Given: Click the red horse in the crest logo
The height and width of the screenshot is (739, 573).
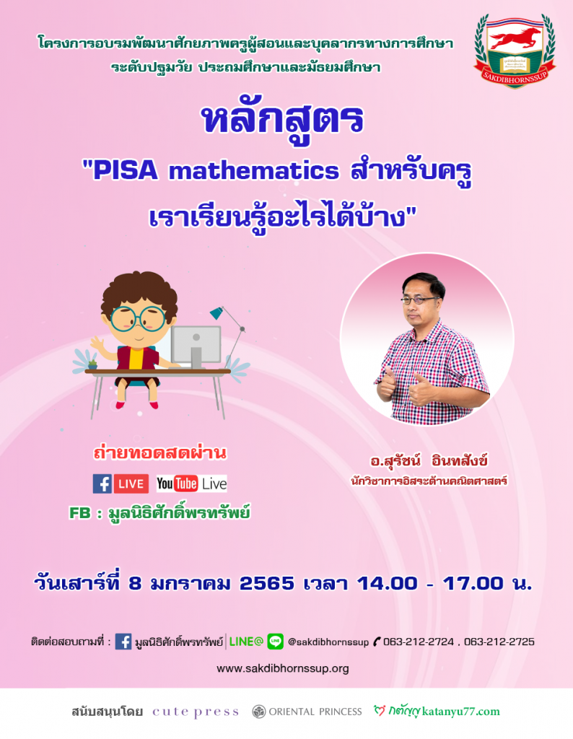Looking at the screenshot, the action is [x=514, y=38].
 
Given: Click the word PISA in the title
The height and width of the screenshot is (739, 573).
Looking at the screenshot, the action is [x=125, y=170].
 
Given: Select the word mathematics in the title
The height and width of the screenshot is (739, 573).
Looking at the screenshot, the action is [x=254, y=170].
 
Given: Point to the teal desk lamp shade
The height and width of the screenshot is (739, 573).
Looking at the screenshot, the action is [x=217, y=312].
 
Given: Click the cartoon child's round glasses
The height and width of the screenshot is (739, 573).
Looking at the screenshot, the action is [x=138, y=319].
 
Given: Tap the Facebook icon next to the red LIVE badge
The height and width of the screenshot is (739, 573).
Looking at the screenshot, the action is [x=102, y=484].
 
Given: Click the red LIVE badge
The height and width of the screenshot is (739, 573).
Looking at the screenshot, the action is [x=131, y=484].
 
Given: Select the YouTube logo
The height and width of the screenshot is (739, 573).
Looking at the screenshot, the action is [x=177, y=484].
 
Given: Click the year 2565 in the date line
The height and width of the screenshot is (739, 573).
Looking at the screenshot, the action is [x=267, y=583].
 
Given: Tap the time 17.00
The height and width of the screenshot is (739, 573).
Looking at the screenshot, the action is [x=473, y=583].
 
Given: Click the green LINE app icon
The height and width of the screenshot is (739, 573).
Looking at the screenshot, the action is [x=276, y=642].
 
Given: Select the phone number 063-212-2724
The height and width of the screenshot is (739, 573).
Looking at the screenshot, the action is [x=419, y=642].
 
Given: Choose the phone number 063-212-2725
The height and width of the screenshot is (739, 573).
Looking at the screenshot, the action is [x=499, y=642].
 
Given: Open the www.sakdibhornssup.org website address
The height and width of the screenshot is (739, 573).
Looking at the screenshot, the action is [x=283, y=668].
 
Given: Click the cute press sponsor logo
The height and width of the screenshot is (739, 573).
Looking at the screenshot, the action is [x=196, y=712].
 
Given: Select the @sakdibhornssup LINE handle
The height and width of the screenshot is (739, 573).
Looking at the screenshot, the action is [x=328, y=642].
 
